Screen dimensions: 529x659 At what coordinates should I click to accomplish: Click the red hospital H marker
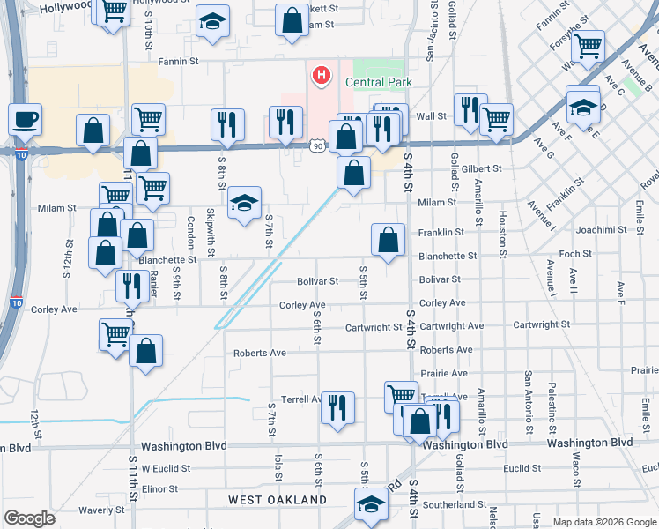click(321, 76)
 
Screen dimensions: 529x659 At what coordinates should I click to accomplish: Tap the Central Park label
click(379, 82)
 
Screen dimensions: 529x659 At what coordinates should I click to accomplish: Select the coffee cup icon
click(26, 119)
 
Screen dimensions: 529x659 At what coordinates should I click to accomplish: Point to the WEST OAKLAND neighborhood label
click(278, 500)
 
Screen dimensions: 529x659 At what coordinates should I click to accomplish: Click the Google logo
click(30, 518)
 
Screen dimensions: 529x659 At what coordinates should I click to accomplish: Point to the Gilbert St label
click(481, 168)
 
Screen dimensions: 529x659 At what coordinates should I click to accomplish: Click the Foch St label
click(575, 254)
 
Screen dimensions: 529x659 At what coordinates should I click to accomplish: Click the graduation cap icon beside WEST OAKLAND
click(371, 506)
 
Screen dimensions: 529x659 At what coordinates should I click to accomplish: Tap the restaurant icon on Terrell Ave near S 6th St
click(337, 408)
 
